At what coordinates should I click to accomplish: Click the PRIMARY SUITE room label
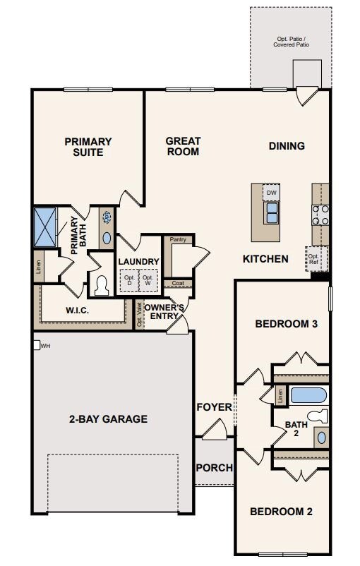(88, 147)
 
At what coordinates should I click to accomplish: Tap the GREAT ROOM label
(183, 146)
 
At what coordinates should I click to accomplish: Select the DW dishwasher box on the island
(271, 193)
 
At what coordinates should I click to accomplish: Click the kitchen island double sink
(271, 213)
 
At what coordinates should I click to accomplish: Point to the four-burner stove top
(320, 215)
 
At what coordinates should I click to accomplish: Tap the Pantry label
(178, 239)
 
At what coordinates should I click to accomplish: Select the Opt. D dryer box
(129, 280)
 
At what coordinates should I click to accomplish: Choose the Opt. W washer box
(148, 280)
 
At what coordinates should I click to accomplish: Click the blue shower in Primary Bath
(45, 227)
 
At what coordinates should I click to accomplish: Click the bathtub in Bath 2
(308, 395)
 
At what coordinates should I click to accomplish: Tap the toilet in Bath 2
(318, 416)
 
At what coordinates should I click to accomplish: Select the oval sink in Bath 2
(321, 438)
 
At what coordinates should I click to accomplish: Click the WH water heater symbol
(37, 345)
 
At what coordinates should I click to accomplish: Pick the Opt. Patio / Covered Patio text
(291, 42)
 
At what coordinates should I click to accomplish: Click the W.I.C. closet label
(77, 310)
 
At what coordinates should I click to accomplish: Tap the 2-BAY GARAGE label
(108, 419)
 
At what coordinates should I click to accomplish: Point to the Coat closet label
(178, 283)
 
